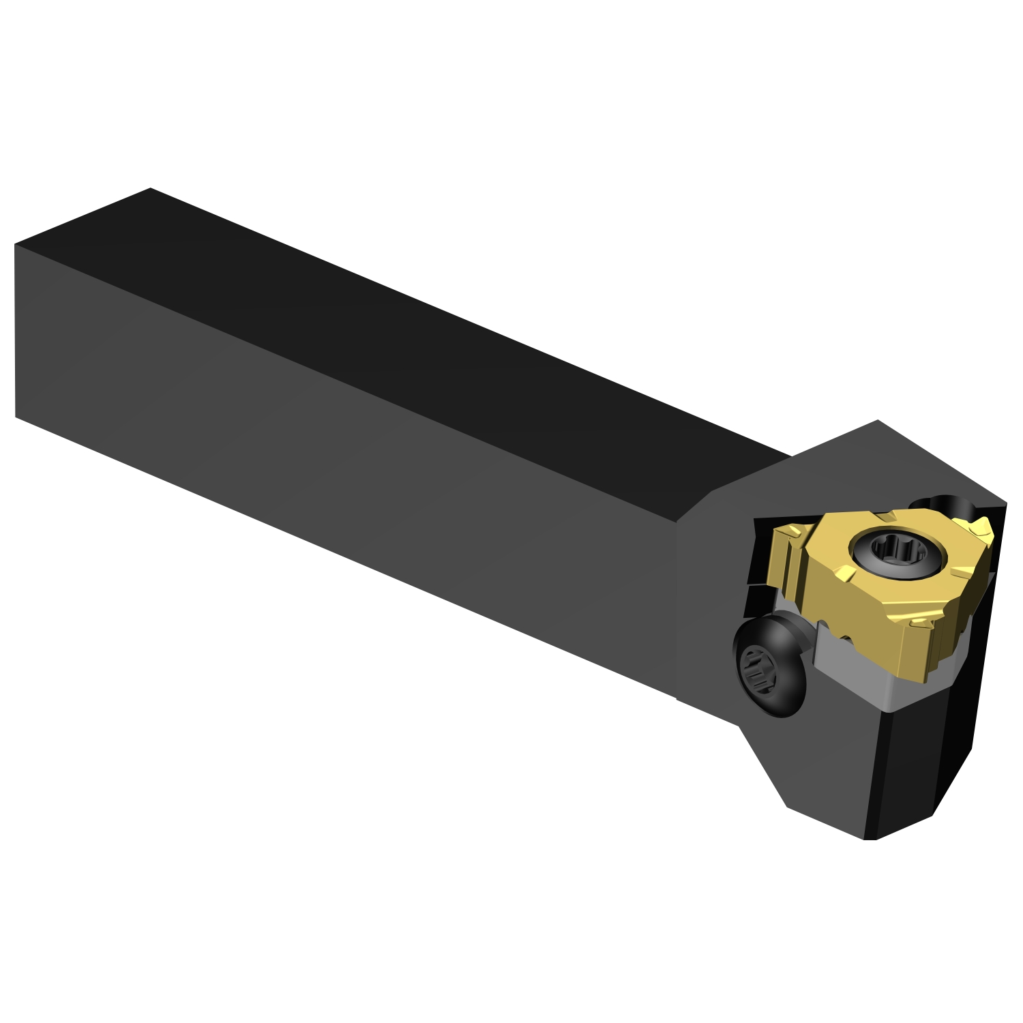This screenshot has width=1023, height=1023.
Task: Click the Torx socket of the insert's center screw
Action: point(897,548)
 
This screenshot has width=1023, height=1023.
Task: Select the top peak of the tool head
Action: point(878,421)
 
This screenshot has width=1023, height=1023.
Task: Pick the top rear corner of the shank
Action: point(150,189)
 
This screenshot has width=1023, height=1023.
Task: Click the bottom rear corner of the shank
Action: point(16,416)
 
